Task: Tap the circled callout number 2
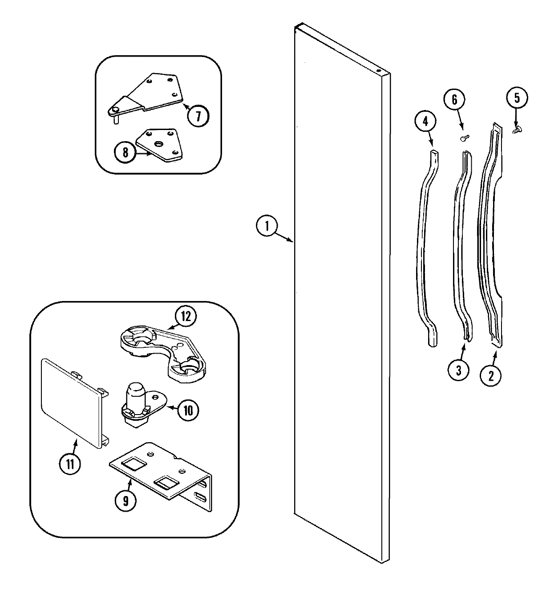pyautogui.click(x=491, y=375)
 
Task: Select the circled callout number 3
pyautogui.click(x=459, y=369)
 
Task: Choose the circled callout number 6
pyautogui.click(x=454, y=100)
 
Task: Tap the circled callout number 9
pyautogui.click(x=125, y=500)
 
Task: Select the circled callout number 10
pyautogui.click(x=188, y=410)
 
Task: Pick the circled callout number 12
pyautogui.click(x=186, y=317)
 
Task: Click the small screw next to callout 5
pyautogui.click(x=517, y=129)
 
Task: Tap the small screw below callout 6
pyautogui.click(x=464, y=139)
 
